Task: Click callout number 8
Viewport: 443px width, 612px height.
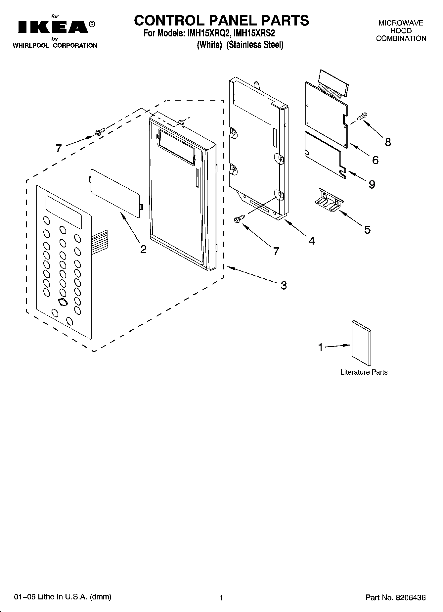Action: pyautogui.click(x=388, y=142)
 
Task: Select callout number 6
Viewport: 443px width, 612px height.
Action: pyautogui.click(x=375, y=160)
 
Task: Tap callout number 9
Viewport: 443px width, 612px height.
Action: pyautogui.click(x=372, y=184)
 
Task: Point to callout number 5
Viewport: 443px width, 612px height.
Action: pyautogui.click(x=367, y=229)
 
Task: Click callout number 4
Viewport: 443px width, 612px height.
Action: pyautogui.click(x=312, y=241)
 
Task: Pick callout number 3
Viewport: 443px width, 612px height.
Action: pyautogui.click(x=284, y=285)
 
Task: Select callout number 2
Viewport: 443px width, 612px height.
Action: pyautogui.click(x=143, y=249)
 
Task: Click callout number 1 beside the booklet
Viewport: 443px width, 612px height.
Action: pyautogui.click(x=320, y=347)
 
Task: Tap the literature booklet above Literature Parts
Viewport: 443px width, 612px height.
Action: pyautogui.click(x=361, y=343)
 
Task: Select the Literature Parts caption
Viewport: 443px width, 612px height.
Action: pyautogui.click(x=364, y=372)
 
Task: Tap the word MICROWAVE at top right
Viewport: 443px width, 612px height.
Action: pyautogui.click(x=401, y=23)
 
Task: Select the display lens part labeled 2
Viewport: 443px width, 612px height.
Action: pyautogui.click(x=116, y=193)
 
